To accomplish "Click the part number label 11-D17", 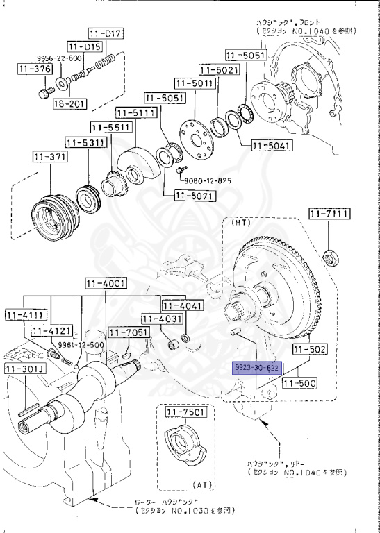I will click(105, 33).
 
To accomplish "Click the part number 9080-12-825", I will click(207, 180).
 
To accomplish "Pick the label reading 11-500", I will click(300, 382).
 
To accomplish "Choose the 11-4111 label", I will click(24, 314).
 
